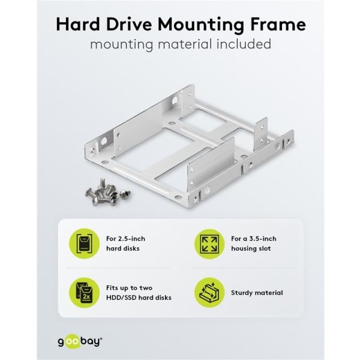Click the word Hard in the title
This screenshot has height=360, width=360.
[78, 24]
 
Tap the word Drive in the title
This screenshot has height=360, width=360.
[129, 24]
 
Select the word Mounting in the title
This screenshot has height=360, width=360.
[200, 25]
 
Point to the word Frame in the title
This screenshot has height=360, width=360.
[278, 24]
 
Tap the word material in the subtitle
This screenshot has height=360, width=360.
[185, 44]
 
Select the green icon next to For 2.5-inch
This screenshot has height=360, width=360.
[84, 244]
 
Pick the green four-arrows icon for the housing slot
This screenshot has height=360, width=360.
[209, 244]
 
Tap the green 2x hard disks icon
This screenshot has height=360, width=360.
[84, 293]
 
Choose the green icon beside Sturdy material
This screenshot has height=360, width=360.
[209, 293]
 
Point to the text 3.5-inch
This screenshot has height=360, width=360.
[263, 239]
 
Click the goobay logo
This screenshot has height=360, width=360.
[80, 342]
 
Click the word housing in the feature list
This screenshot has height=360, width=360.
[244, 248]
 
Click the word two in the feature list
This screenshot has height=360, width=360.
[146, 288]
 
